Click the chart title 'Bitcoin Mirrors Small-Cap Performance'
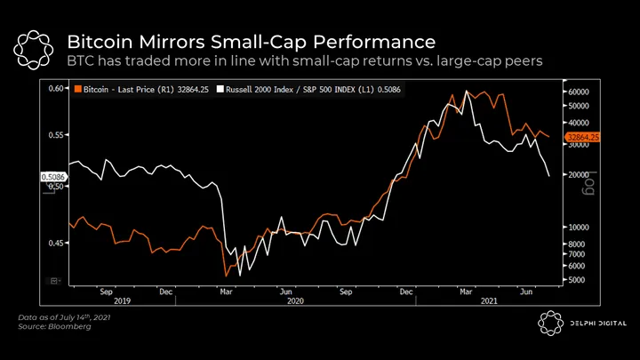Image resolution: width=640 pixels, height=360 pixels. [x=251, y=42]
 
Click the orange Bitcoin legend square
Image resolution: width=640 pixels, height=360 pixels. [x=78, y=91]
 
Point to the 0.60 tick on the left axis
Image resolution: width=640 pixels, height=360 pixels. [x=55, y=89]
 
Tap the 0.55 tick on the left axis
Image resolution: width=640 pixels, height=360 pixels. [x=55, y=135]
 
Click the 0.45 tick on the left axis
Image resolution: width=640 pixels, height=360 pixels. [x=55, y=243]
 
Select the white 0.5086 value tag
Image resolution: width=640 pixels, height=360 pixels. [x=53, y=178]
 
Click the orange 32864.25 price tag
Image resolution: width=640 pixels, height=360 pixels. [x=584, y=137]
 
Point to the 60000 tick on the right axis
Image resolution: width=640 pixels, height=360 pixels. [x=580, y=92]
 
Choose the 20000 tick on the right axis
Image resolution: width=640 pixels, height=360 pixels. [x=580, y=175]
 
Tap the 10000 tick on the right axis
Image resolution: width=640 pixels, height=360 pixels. [x=580, y=228]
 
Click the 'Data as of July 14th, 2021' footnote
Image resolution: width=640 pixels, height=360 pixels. [x=60, y=317]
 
